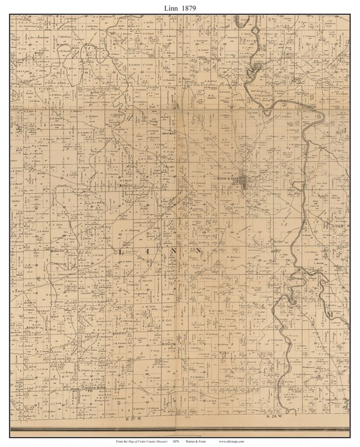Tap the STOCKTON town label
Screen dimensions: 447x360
(x=228, y=179)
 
